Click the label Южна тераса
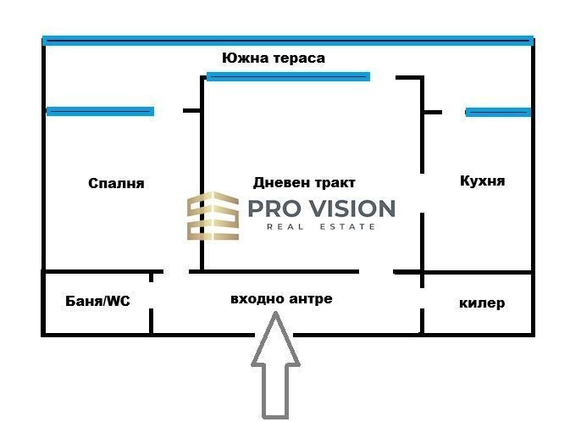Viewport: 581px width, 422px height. click(x=274, y=58)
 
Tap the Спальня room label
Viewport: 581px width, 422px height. click(x=116, y=183)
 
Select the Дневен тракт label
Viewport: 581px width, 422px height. click(x=304, y=182)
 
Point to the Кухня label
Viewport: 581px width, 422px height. click(x=482, y=181)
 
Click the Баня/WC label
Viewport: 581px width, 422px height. click(x=98, y=301)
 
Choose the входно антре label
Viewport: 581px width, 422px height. click(x=281, y=299)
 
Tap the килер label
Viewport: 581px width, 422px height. click(x=482, y=303)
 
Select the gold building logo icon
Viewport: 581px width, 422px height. click(x=213, y=216)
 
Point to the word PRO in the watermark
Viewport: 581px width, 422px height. click(x=274, y=208)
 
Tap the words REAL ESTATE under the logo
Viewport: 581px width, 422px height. click(x=321, y=226)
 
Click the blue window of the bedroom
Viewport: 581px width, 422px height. click(x=100, y=111)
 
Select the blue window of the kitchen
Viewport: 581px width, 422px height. click(x=498, y=112)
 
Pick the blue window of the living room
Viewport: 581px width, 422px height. click(x=288, y=77)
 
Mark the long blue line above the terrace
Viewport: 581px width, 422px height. click(x=288, y=41)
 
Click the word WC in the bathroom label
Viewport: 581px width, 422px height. click(x=119, y=301)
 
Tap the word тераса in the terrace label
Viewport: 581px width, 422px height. click(x=299, y=58)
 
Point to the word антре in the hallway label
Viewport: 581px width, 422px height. click(x=310, y=299)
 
